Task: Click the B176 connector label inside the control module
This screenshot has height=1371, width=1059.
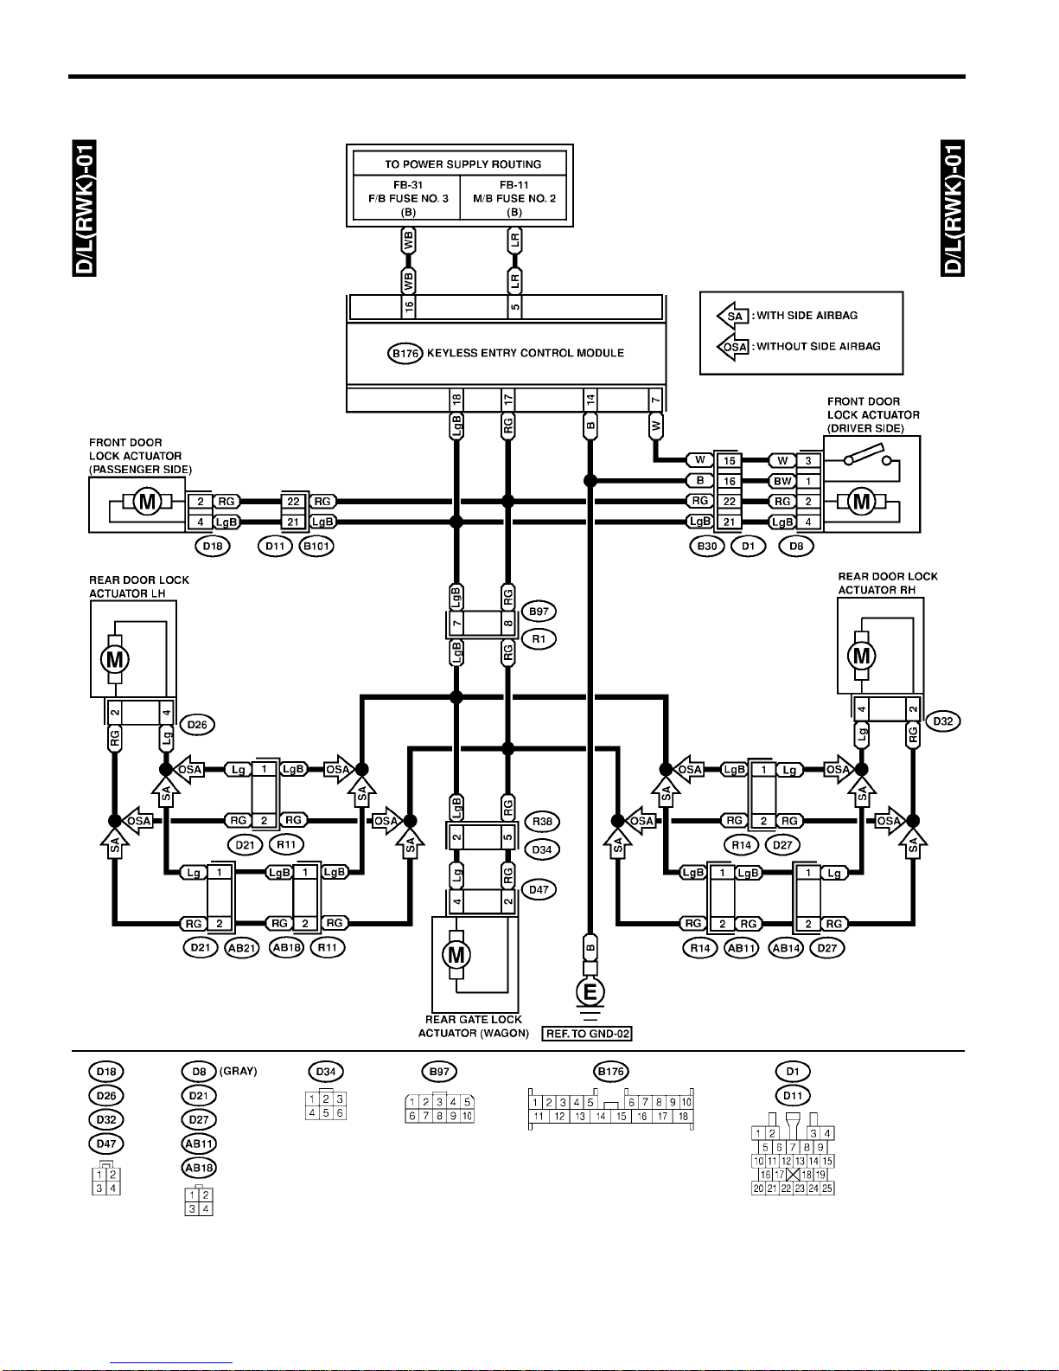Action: (x=405, y=353)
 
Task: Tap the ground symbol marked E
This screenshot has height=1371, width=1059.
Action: (x=590, y=992)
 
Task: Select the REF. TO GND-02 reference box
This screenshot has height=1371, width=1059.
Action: (x=587, y=1034)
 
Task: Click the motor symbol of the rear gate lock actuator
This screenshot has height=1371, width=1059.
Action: (x=456, y=955)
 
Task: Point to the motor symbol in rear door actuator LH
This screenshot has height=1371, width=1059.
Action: (x=115, y=660)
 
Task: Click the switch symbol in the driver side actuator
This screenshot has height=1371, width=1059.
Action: (x=868, y=456)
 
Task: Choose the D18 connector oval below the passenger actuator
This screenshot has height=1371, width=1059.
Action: (x=213, y=546)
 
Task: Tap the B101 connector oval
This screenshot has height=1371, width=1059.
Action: (x=316, y=546)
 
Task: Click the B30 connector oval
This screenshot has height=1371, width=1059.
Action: (x=707, y=546)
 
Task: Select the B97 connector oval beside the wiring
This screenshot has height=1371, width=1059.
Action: (x=539, y=611)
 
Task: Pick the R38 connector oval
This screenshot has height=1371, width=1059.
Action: (x=542, y=822)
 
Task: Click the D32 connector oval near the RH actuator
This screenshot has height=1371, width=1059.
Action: (x=943, y=721)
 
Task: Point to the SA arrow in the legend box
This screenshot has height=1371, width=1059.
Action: (x=732, y=316)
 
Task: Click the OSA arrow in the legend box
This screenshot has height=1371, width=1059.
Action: (x=732, y=346)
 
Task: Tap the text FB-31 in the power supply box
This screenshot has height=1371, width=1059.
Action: (x=408, y=185)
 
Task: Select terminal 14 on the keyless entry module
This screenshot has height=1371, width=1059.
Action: (x=590, y=400)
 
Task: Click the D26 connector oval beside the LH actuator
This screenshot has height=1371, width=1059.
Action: (x=197, y=724)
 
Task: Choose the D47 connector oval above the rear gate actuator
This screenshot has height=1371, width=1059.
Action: (x=539, y=889)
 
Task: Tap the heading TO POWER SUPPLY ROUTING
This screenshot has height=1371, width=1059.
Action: (x=463, y=164)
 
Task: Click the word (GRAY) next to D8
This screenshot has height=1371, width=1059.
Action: (x=239, y=1072)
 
